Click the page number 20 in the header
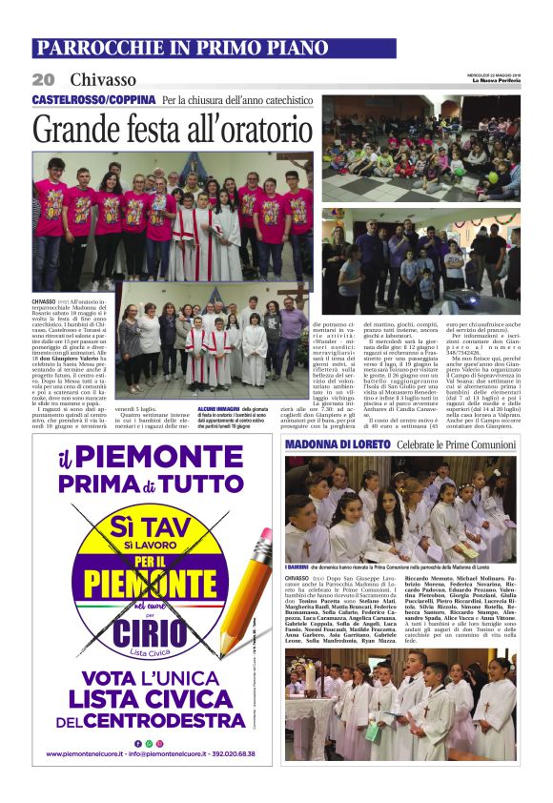43,79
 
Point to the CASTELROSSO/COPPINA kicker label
93,100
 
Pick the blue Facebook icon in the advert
136,743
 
